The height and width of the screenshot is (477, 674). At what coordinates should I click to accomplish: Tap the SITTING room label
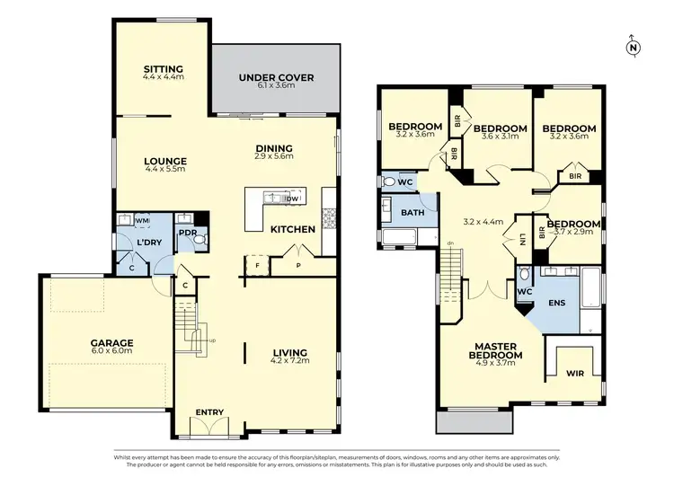pos(164,69)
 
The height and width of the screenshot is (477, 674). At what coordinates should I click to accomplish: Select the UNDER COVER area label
pos(276,78)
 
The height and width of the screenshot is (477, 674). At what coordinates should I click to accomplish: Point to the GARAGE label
pos(111,343)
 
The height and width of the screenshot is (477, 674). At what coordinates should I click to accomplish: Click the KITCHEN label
pos(293,229)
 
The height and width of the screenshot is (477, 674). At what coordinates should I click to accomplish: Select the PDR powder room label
pos(187,232)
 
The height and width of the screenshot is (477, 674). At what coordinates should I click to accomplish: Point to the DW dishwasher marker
pos(279,198)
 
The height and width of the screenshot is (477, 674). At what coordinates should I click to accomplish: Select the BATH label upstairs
pos(412,213)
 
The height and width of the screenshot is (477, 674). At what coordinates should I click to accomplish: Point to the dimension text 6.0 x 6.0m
pos(111,353)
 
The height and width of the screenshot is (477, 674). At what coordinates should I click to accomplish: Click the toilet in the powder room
pos(200,240)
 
